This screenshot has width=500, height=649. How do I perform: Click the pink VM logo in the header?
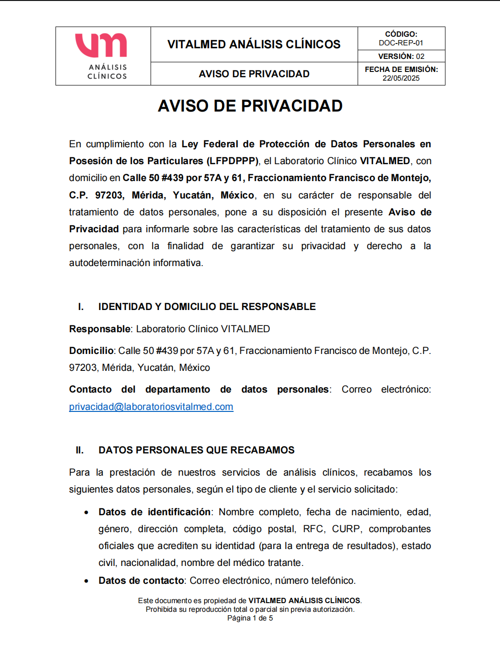(x=101, y=45)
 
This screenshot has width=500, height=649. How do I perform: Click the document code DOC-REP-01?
(x=401, y=43)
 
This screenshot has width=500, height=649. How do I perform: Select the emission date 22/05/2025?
(x=401, y=78)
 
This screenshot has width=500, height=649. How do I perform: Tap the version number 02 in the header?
(x=420, y=56)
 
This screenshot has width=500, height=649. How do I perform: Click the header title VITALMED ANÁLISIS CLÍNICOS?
(x=254, y=44)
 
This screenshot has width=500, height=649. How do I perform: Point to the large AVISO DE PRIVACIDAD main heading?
(x=250, y=106)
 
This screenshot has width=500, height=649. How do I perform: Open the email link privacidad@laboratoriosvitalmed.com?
(x=151, y=407)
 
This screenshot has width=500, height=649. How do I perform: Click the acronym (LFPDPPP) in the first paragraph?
(x=233, y=161)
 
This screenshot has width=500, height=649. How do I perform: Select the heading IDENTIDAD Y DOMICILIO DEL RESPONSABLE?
(x=207, y=307)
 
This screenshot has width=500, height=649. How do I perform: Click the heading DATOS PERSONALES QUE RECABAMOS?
(x=196, y=450)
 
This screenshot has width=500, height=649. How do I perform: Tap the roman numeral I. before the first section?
(x=81, y=307)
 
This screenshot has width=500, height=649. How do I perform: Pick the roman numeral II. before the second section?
(x=80, y=450)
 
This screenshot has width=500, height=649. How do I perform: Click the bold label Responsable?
(x=99, y=329)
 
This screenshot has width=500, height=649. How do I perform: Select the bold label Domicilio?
(x=91, y=351)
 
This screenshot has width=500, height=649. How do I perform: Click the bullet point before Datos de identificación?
(x=86, y=512)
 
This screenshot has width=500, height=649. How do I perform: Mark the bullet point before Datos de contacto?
(x=86, y=581)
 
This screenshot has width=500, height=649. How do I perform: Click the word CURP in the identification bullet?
(x=346, y=529)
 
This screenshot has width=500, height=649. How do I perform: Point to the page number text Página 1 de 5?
(x=250, y=618)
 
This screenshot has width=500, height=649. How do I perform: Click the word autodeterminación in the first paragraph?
(x=110, y=263)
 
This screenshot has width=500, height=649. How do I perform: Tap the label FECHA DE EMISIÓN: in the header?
(x=401, y=70)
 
